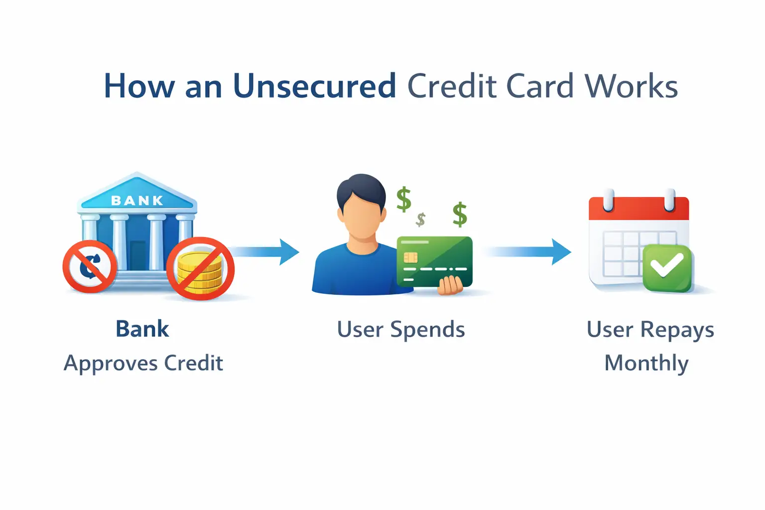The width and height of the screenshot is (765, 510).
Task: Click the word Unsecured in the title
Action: pyautogui.click(x=314, y=86)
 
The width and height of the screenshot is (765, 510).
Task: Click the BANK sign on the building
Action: pyautogui.click(x=137, y=200)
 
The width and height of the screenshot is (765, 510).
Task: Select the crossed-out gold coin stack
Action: pyautogui.click(x=200, y=269)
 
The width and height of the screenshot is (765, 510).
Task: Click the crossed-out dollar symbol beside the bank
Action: pyautogui.click(x=90, y=266)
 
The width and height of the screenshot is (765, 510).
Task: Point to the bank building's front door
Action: pyautogui.click(x=138, y=255)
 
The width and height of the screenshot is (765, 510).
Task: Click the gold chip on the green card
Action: pyautogui.click(x=411, y=257)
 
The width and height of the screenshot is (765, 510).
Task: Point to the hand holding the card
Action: pyautogui.click(x=451, y=286)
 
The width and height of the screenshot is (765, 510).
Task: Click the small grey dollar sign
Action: pyautogui.click(x=421, y=219)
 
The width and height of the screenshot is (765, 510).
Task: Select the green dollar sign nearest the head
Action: pyautogui.click(x=403, y=199)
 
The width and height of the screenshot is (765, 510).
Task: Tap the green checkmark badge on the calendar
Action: pyautogui.click(x=667, y=267)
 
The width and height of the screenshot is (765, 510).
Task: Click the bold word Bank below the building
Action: pyautogui.click(x=142, y=329)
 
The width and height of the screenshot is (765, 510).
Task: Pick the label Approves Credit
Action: pyautogui.click(x=143, y=363)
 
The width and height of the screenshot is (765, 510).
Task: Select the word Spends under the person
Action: pyautogui.click(x=427, y=330)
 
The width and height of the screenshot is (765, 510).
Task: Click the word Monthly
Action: pyautogui.click(x=646, y=363)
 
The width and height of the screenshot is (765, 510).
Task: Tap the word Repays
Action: pyautogui.click(x=677, y=330)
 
